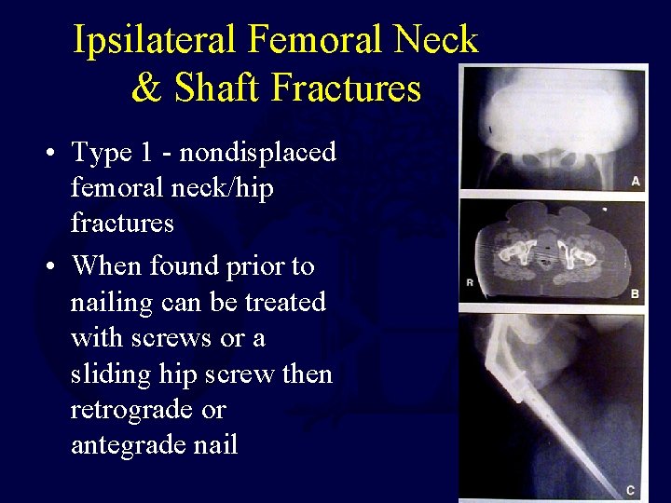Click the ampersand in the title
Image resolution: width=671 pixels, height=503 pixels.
[146, 88]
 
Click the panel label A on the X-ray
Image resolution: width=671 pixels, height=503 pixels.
[635, 181]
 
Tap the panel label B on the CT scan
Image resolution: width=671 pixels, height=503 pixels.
[635, 294]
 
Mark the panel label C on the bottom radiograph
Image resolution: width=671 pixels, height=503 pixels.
[632, 490]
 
